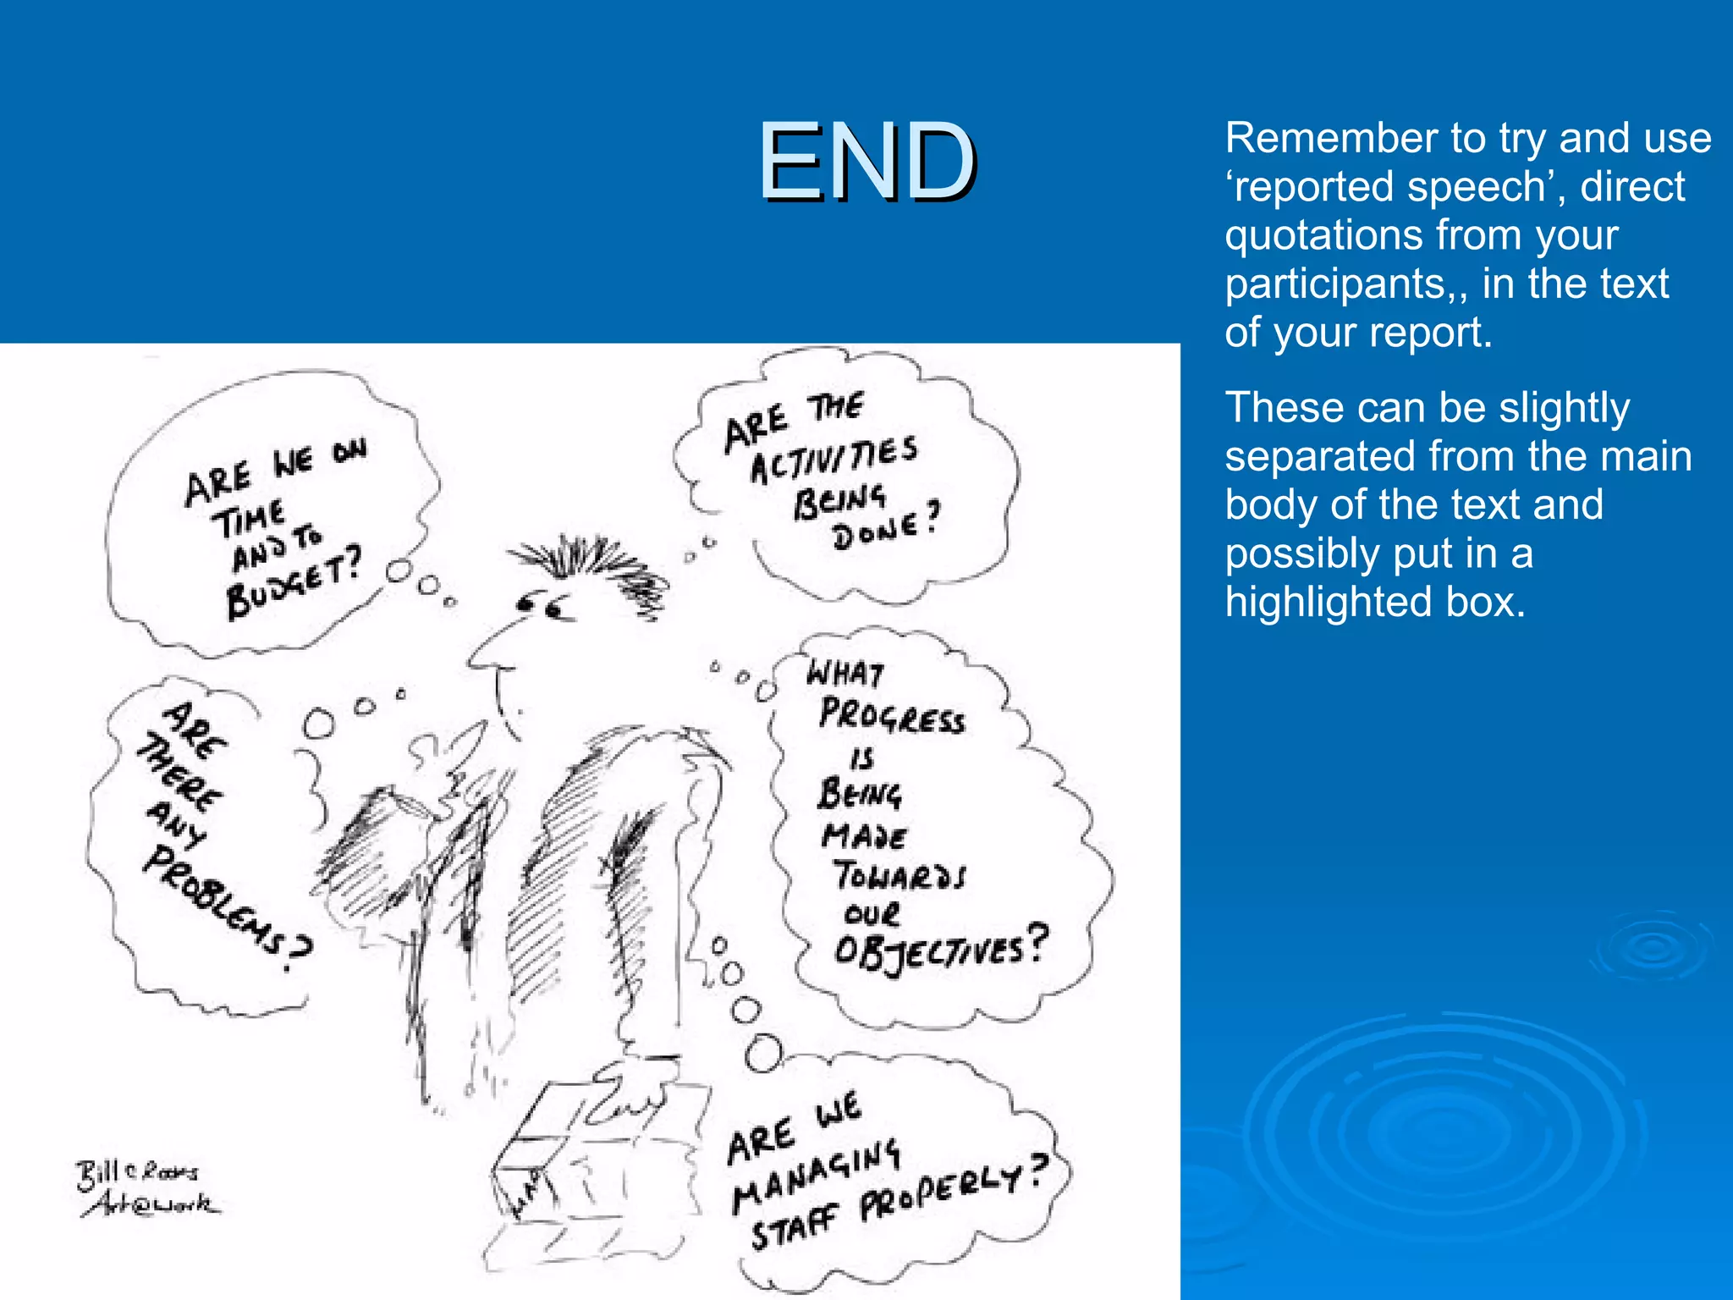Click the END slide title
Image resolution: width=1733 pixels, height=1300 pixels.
(867, 161)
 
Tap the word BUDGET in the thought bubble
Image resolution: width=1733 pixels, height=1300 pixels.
(294, 584)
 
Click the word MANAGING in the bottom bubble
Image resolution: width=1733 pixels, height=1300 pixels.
(816, 1176)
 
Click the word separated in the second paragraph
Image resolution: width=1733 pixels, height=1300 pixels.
(1320, 457)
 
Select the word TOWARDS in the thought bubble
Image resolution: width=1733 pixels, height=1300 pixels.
(899, 875)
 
